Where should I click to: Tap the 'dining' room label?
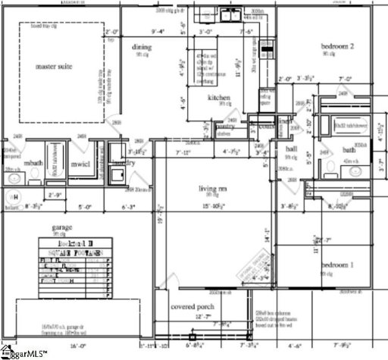pyautogui.click(x=142, y=48)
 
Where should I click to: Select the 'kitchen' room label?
pyautogui.click(x=220, y=98)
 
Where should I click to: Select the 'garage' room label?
pyautogui.click(x=62, y=227)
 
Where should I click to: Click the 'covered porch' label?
pyautogui.click(x=193, y=307)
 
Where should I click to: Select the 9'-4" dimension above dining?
pyautogui.click(x=158, y=32)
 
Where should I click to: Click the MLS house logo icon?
pyautogui.click(x=5, y=352)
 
